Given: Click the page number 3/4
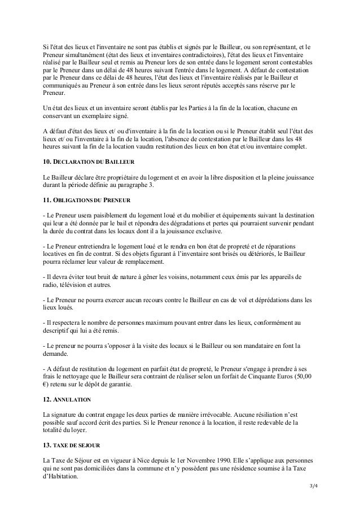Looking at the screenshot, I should tap(311, 487).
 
